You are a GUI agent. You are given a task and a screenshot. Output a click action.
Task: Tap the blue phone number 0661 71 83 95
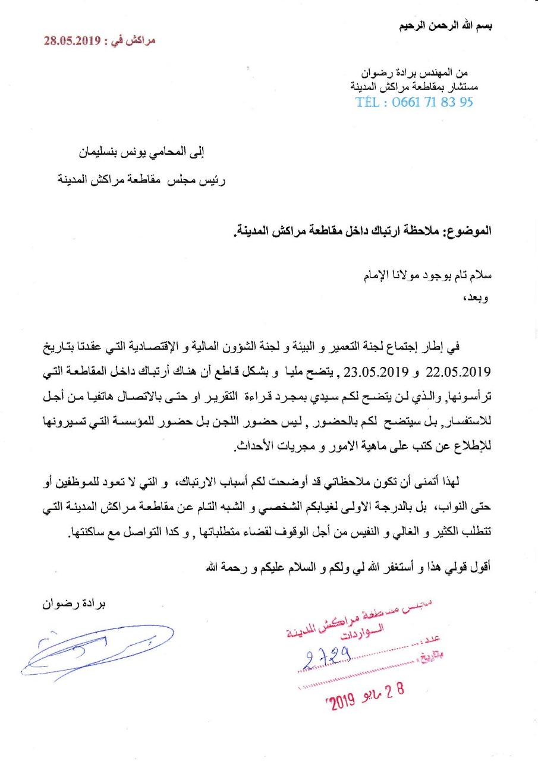point(433,102)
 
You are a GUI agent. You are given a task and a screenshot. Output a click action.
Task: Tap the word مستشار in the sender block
point(463,87)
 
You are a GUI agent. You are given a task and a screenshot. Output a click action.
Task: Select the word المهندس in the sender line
point(444,73)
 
